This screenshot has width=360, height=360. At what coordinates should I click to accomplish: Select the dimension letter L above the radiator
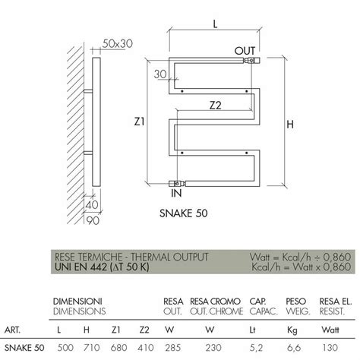coord(216,25)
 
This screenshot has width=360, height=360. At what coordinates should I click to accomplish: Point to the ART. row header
coord(14,330)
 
